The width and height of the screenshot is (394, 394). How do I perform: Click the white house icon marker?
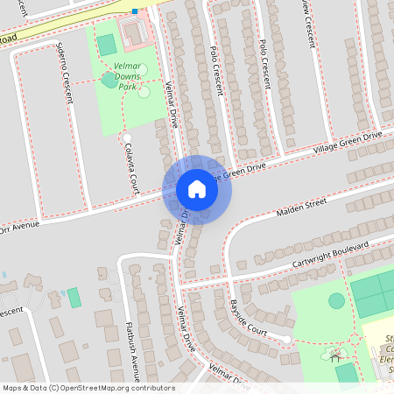[x=197, y=189]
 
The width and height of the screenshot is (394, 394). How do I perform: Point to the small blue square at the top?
[x=135, y=11]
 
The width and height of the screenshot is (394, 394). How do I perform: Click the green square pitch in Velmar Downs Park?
[x=106, y=44]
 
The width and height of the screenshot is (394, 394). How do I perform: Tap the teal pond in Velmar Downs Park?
[x=109, y=80]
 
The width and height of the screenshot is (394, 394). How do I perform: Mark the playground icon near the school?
[x=334, y=355]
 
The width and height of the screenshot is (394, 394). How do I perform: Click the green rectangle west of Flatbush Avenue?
[x=74, y=297]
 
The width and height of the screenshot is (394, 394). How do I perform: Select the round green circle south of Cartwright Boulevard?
[x=336, y=300]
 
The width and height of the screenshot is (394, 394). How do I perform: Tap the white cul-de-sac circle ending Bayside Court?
[x=286, y=339]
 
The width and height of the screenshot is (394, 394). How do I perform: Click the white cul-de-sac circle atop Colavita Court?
[x=127, y=137]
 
